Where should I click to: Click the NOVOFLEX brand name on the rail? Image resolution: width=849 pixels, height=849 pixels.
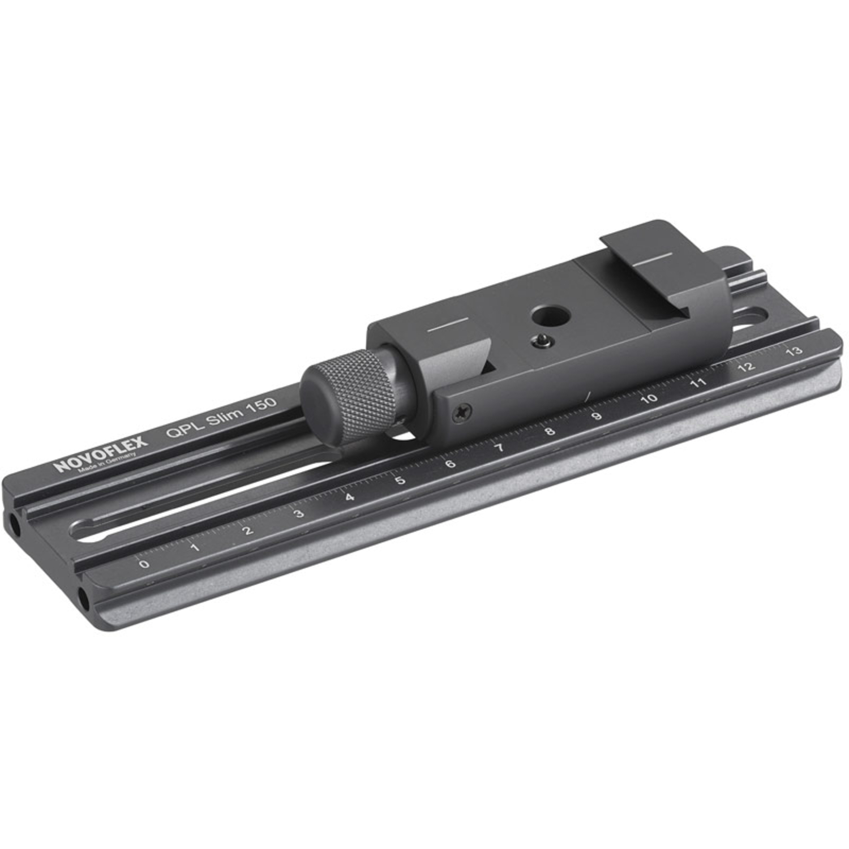tap(101, 454)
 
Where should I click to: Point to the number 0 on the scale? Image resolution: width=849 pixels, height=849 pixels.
tap(145, 564)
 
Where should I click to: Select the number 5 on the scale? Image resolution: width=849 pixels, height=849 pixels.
tap(400, 481)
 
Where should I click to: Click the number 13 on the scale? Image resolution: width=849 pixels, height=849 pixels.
tap(794, 351)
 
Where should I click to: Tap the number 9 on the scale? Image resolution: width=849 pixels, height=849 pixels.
tap(597, 416)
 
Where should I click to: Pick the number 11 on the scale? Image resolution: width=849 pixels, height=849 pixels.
tap(698, 383)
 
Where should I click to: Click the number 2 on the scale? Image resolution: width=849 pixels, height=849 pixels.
tap(247, 530)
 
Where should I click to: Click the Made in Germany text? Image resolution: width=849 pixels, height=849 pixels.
tap(108, 464)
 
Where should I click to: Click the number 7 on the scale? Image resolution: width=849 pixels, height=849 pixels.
tap(499, 448)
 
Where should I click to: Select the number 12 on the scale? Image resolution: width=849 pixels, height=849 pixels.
tap(747, 367)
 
